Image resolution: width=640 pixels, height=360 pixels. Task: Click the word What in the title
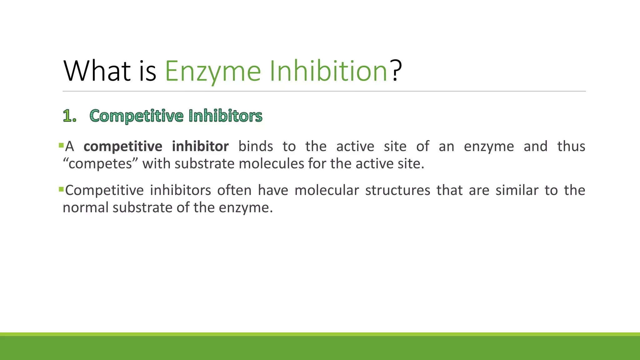[x=97, y=71]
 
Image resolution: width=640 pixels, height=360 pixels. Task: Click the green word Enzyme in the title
[x=213, y=71]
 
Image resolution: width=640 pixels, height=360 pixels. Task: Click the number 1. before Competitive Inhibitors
[x=69, y=116]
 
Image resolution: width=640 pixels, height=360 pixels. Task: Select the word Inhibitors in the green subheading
[x=225, y=116]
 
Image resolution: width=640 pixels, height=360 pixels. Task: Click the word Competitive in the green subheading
[x=137, y=116]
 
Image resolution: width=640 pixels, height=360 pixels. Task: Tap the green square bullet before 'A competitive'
[x=61, y=145]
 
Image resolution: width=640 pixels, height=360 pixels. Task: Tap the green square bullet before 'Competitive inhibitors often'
[x=61, y=189]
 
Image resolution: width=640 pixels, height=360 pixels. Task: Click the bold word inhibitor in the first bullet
[x=200, y=146]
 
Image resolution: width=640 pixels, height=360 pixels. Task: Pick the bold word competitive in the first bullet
[x=123, y=146]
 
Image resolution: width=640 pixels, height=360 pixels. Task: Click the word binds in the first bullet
[x=256, y=146]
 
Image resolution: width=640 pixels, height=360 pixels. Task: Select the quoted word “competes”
[x=100, y=164]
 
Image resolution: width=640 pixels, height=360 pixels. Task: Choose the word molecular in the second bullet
[x=327, y=190]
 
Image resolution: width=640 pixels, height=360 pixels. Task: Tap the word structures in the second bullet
[x=397, y=190]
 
